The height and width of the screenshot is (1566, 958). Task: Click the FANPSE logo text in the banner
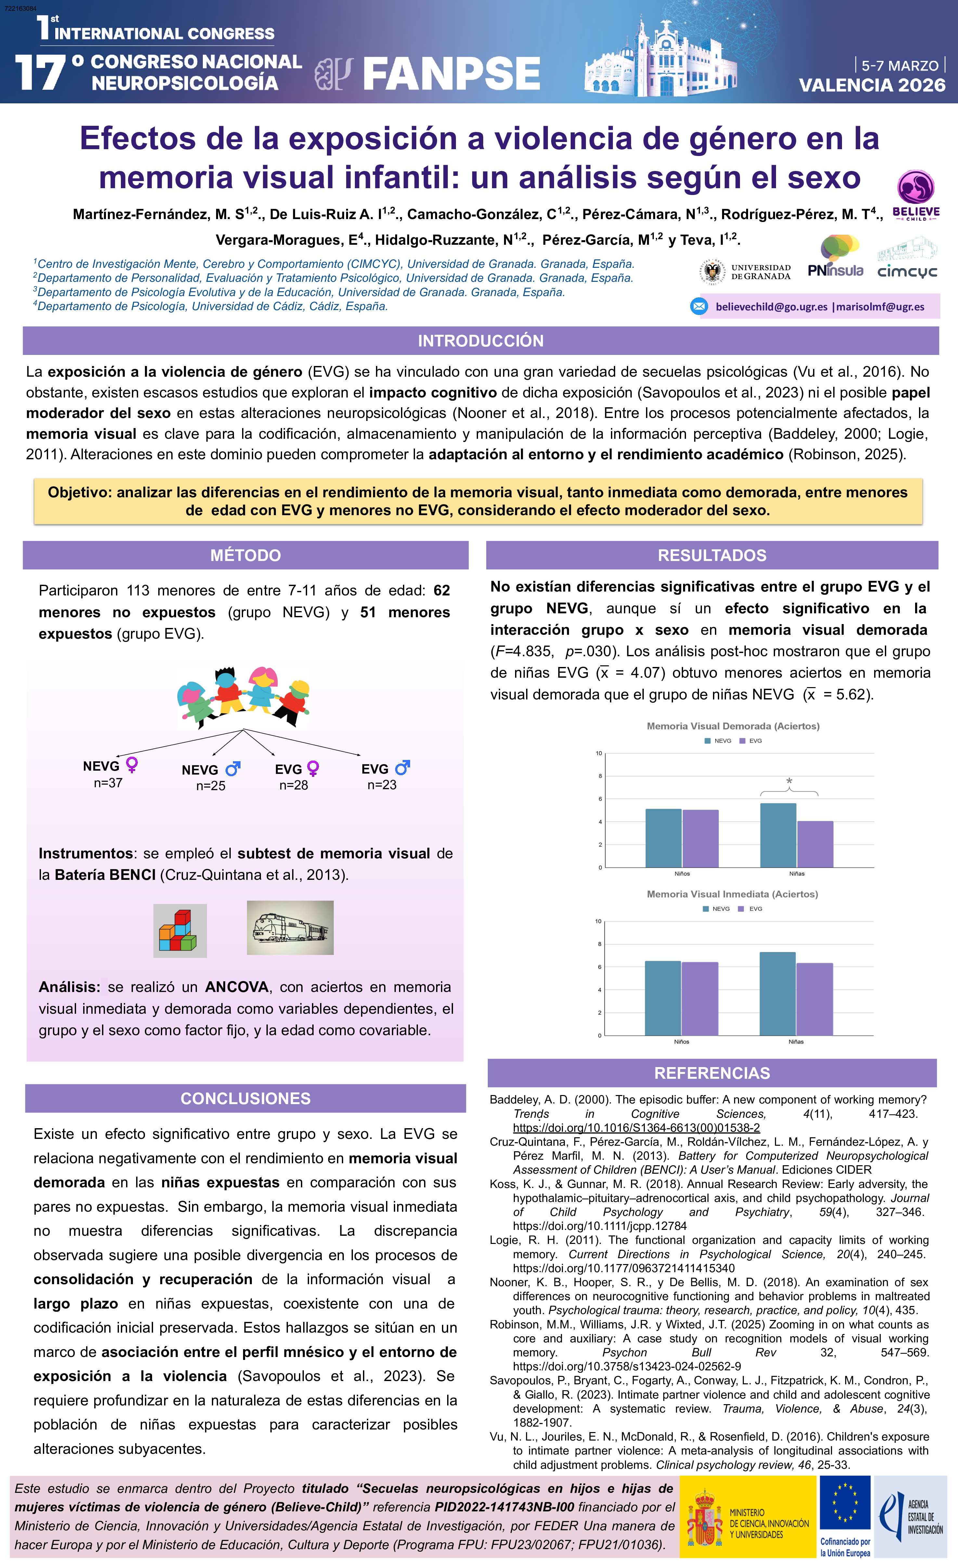(451, 73)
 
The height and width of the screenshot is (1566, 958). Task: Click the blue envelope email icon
(699, 306)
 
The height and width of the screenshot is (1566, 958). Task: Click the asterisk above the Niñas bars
(789, 781)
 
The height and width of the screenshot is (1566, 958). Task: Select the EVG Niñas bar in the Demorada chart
(815, 844)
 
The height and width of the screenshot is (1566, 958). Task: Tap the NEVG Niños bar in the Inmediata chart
(663, 998)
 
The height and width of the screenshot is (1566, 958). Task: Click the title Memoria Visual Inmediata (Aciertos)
(732, 894)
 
